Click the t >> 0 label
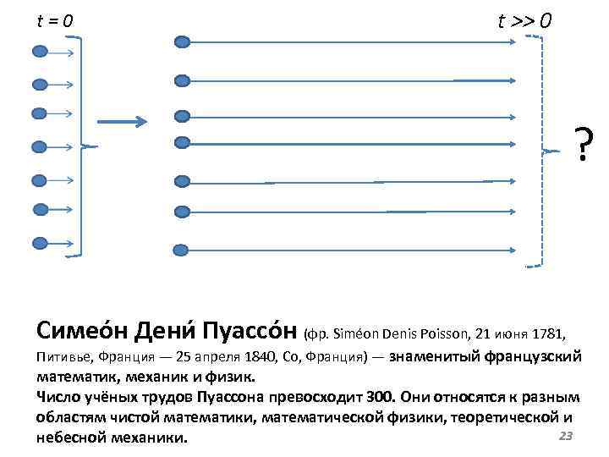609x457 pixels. pyautogui.click(x=524, y=21)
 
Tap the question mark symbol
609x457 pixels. pyautogui.click(x=584, y=145)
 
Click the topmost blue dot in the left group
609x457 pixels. pyautogui.click(x=40, y=52)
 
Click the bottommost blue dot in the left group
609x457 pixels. pyautogui.click(x=40, y=243)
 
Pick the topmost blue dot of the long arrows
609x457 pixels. pyautogui.click(x=181, y=41)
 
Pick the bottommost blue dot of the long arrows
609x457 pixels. pyautogui.click(x=181, y=250)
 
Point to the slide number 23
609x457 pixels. pyautogui.click(x=567, y=436)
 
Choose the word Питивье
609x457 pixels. pyautogui.click(x=65, y=356)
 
